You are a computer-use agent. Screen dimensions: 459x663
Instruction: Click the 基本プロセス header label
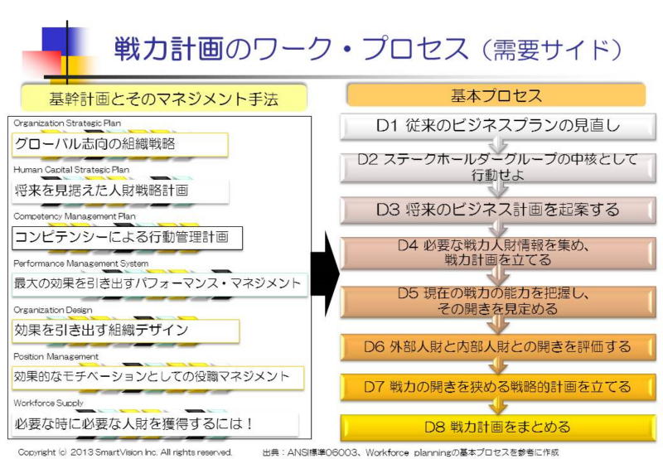pos(496,95)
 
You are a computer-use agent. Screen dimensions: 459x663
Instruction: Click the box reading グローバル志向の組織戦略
pos(119,144)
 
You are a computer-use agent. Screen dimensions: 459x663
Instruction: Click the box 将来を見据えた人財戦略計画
pos(119,191)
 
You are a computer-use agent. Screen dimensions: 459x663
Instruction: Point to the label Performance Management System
pos(81,263)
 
